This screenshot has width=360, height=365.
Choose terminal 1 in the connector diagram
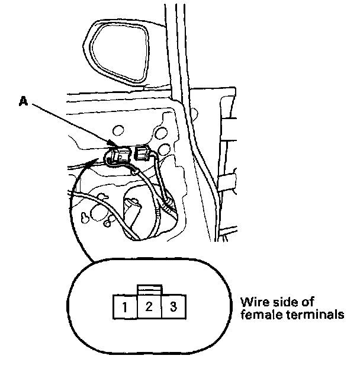(x=126, y=307)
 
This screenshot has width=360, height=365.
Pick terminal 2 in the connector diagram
(x=149, y=307)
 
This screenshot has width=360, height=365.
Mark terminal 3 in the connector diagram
(x=173, y=307)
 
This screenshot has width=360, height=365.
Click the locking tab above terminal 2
(x=149, y=289)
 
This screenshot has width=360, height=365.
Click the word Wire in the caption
(x=253, y=300)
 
